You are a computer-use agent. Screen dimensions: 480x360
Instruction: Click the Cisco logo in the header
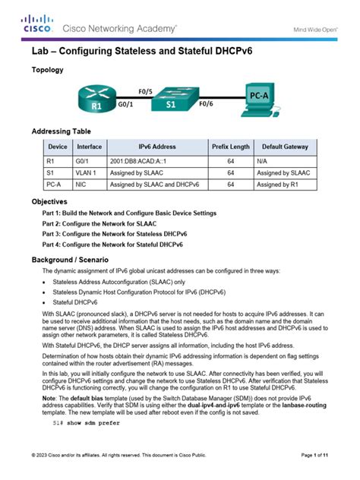pyautogui.click(x=36, y=24)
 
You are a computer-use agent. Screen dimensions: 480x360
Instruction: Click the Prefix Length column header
pyautogui.click(x=230, y=147)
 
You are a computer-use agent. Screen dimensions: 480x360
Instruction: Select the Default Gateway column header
pyautogui.click(x=285, y=147)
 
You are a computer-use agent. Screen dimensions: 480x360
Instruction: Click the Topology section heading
pyautogui.click(x=47, y=70)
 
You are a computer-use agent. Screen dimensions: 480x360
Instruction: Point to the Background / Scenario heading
pyautogui.click(x=66, y=258)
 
